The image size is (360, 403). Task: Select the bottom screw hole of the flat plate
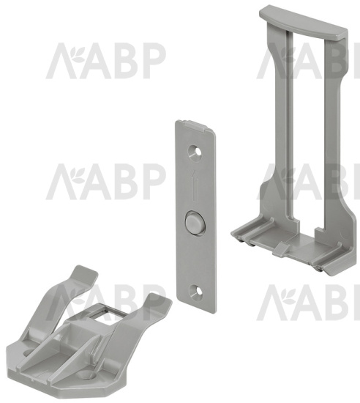coord(195,290)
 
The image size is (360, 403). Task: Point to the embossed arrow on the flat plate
coord(195,185)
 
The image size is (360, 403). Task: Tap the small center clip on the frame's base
coord(282,249)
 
